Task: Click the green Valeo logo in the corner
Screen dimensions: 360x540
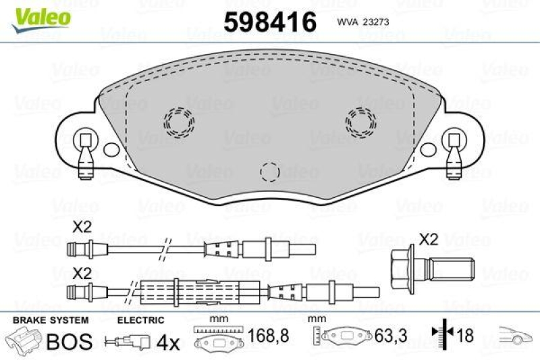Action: (40, 16)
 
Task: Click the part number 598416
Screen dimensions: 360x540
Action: (270, 22)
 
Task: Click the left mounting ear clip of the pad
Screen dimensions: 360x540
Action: (84, 152)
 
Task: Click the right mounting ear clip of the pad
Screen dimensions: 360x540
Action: (454, 152)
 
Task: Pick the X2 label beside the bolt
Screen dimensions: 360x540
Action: (427, 238)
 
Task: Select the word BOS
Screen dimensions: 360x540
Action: (68, 341)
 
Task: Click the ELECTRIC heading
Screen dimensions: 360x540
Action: (140, 320)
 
